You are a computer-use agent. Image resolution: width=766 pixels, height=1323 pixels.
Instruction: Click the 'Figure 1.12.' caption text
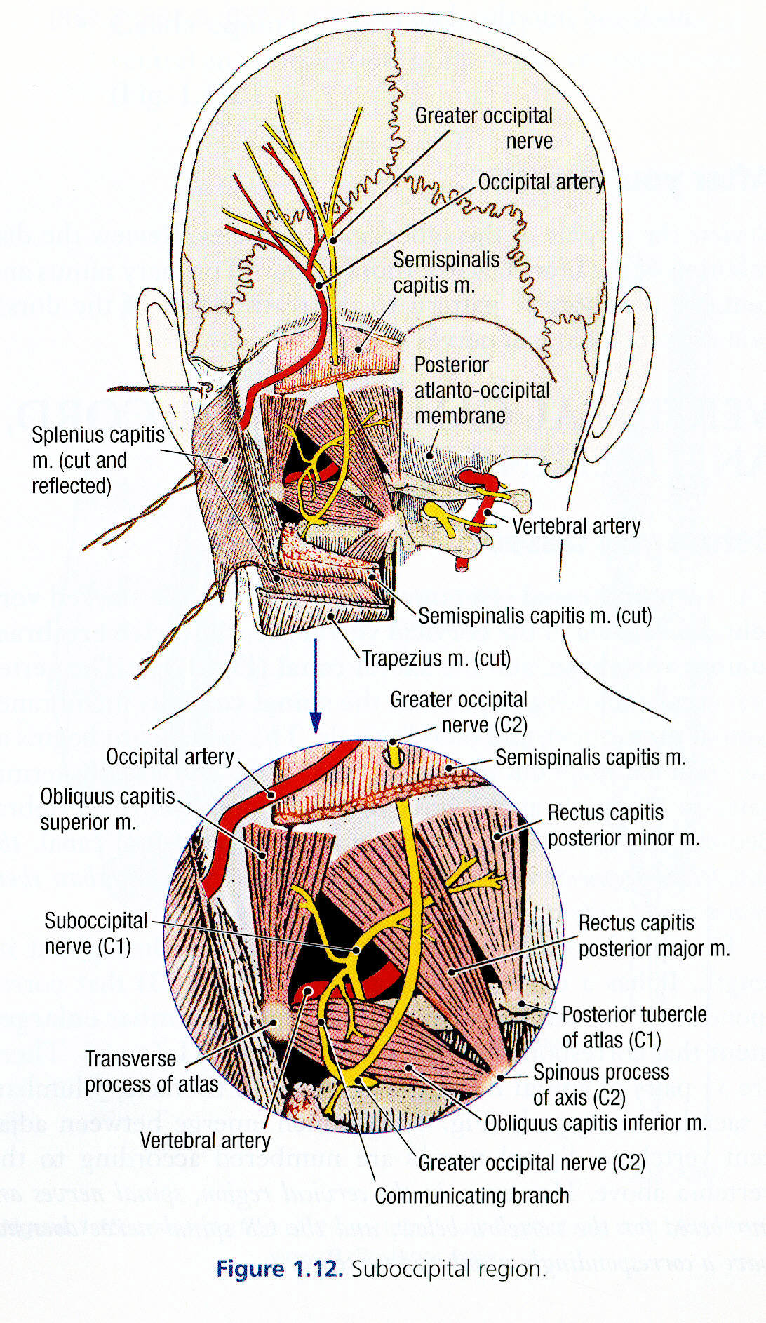pyautogui.click(x=279, y=1269)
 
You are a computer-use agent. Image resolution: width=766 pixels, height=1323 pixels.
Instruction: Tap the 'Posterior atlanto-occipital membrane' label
pyautogui.click(x=482, y=390)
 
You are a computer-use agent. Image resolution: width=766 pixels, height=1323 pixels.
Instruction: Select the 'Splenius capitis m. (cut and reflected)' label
pyautogui.click(x=98, y=460)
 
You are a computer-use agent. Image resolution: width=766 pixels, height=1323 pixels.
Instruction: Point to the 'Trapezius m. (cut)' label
pyautogui.click(x=436, y=659)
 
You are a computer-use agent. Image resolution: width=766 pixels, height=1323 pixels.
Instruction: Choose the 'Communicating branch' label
pyautogui.click(x=471, y=1196)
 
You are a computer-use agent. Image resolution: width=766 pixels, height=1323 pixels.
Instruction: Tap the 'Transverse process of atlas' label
pyautogui.click(x=151, y=1071)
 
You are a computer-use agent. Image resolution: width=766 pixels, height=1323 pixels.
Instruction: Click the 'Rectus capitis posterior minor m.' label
pyautogui.click(x=623, y=825)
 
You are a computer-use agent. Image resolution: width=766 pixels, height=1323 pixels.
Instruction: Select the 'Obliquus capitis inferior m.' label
pyautogui.click(x=596, y=1123)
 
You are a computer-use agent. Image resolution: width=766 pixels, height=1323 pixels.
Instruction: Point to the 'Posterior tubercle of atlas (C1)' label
pyautogui.click(x=633, y=1026)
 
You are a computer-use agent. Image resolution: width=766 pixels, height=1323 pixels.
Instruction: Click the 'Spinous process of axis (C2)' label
pyautogui.click(x=600, y=1084)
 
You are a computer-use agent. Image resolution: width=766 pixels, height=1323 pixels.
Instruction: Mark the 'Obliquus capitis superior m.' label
pyautogui.click(x=107, y=809)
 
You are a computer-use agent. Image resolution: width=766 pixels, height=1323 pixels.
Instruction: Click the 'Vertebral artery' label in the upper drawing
pyautogui.click(x=576, y=526)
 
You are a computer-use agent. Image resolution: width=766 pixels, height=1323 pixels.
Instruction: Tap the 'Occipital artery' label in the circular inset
pyautogui.click(x=170, y=757)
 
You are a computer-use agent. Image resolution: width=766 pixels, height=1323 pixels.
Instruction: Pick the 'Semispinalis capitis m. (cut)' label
pyautogui.click(x=535, y=616)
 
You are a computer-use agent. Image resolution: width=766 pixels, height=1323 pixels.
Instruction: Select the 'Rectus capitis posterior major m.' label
pyautogui.click(x=654, y=935)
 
